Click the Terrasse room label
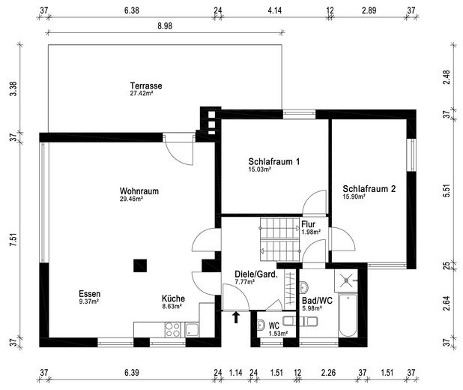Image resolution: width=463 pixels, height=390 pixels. [x=145, y=85]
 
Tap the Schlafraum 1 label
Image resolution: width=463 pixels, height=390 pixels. [x=274, y=161]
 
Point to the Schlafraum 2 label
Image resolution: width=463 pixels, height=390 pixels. [x=369, y=189]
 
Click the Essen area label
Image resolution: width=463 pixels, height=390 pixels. [x=89, y=294]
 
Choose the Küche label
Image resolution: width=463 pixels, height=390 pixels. [x=173, y=298]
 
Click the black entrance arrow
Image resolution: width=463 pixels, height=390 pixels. [x=237, y=317]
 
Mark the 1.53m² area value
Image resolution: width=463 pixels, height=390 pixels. [x=279, y=332]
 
